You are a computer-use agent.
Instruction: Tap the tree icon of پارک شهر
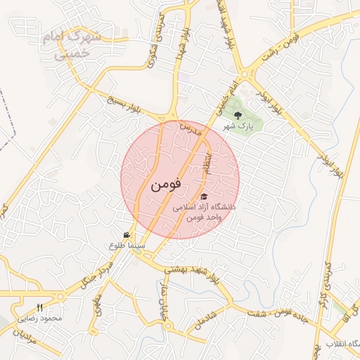pos(237,115)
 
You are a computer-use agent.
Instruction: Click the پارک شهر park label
pos(237,127)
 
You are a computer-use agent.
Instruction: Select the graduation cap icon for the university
pos(205,196)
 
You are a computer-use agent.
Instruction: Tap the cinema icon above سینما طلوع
pos(127,235)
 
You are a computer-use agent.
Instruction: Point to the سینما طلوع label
pos(127,246)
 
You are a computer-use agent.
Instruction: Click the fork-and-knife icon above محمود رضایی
pos(39,307)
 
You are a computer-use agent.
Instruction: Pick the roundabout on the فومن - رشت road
pos(245,73)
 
